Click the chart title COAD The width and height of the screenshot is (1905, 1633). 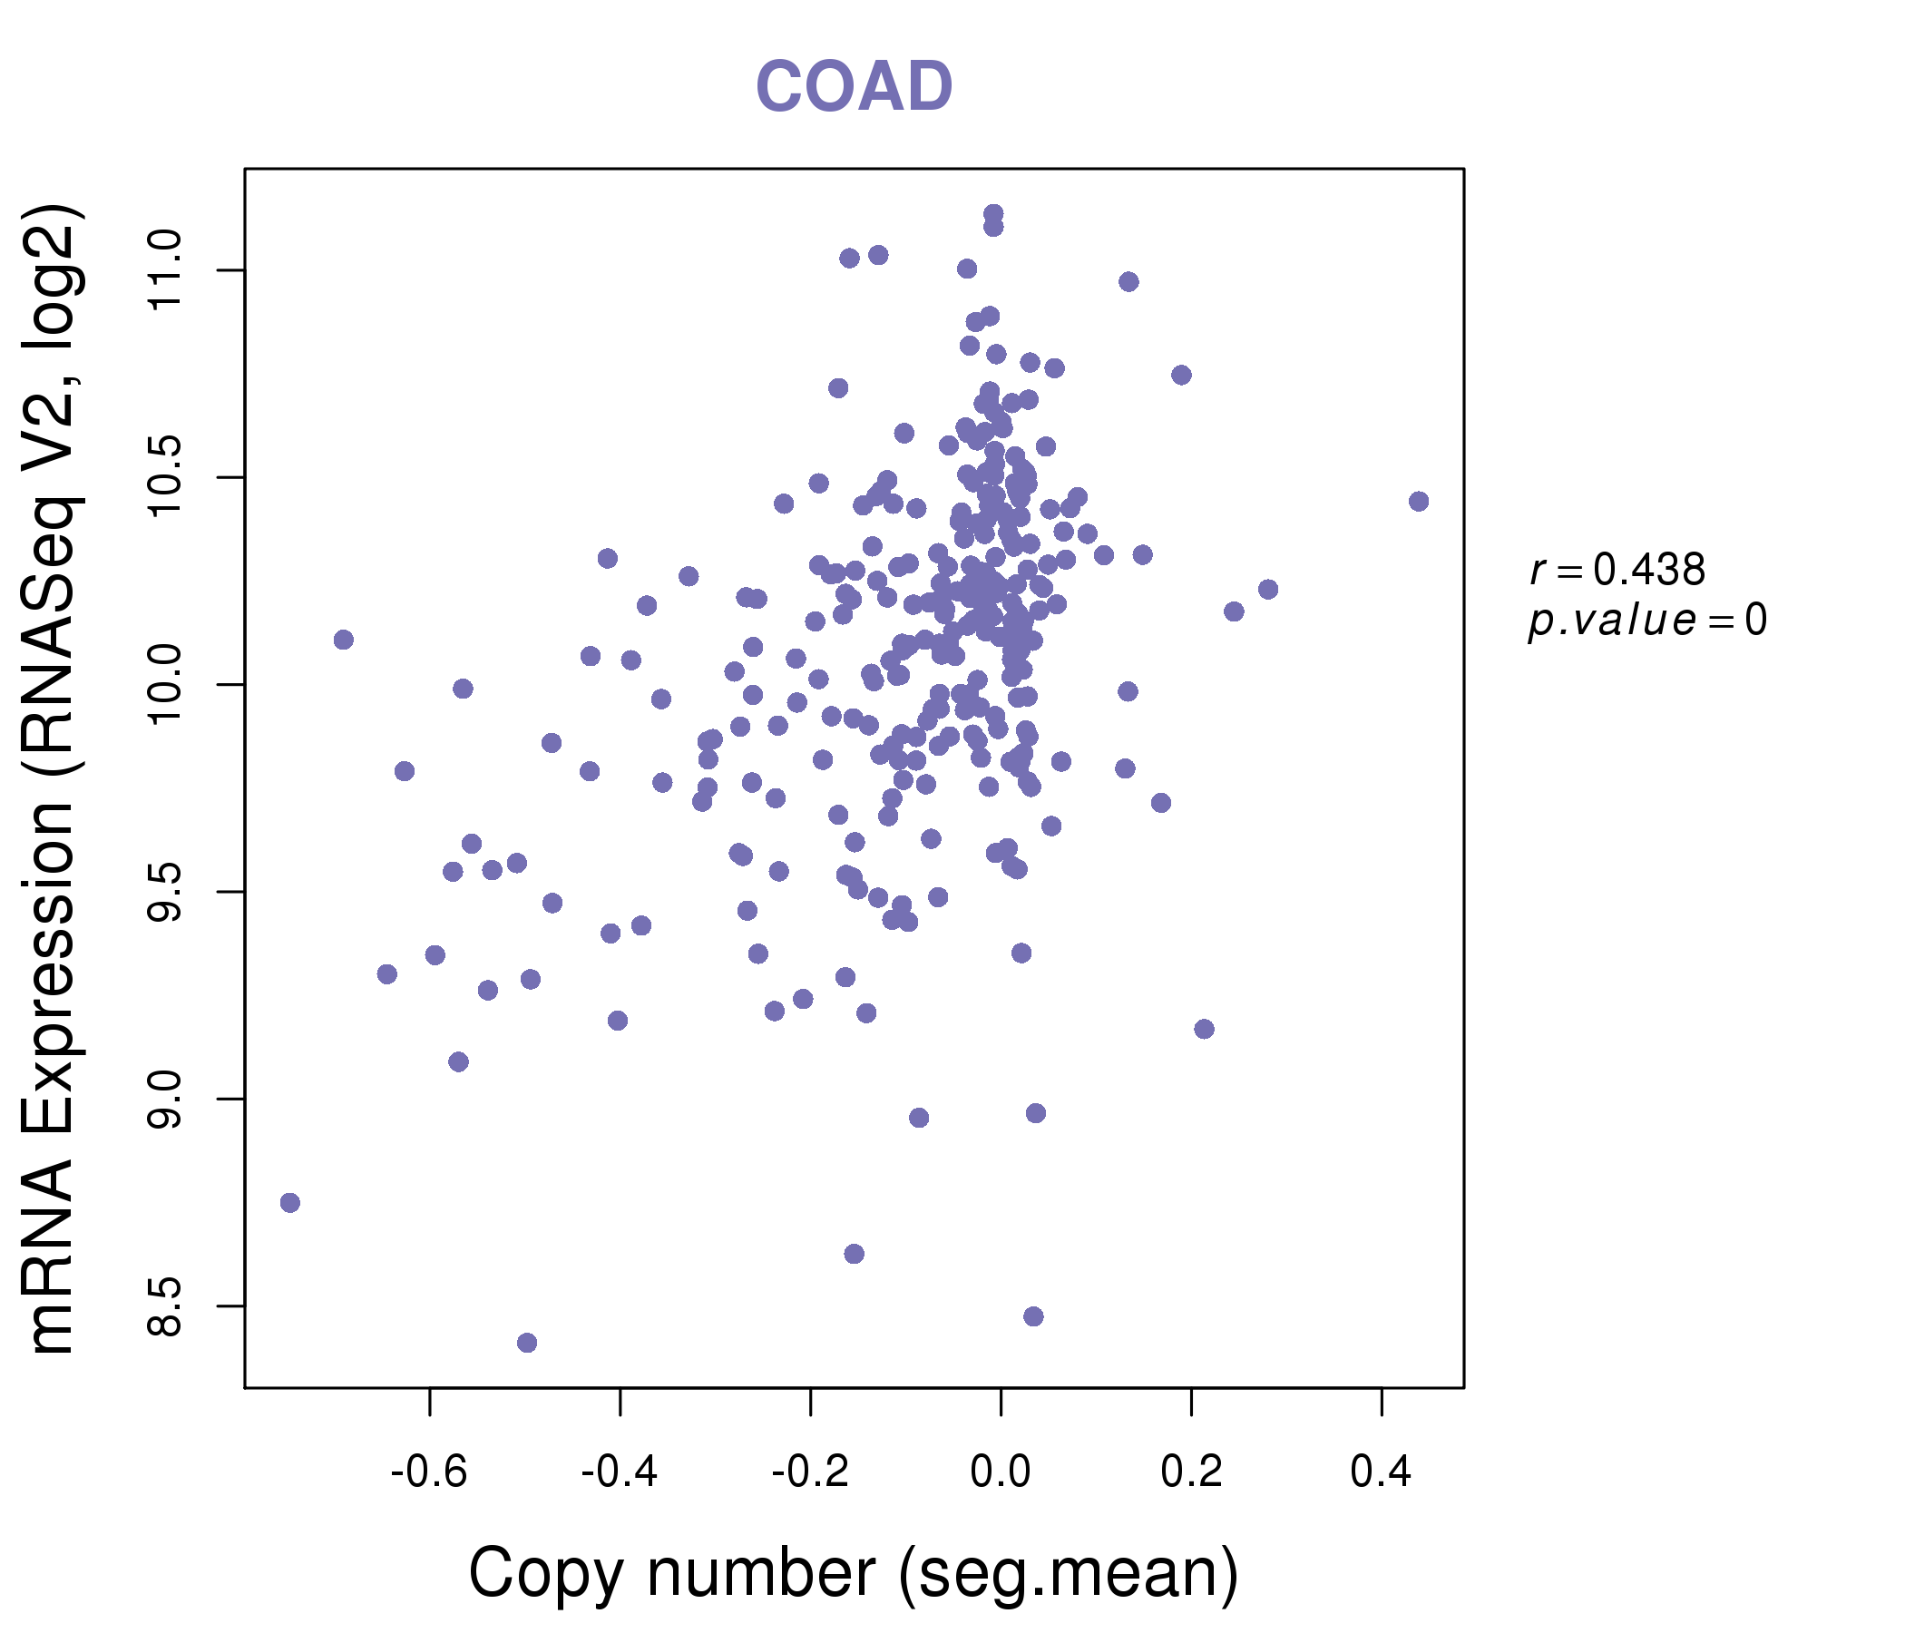854,87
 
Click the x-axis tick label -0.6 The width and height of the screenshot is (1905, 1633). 429,1472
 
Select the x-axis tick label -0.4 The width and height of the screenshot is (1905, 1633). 620,1472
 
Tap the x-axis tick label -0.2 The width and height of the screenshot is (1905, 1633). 810,1472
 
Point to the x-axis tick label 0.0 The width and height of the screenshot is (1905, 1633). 1001,1472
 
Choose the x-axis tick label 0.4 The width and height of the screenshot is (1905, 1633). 1381,1472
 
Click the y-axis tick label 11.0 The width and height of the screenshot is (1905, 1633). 165,271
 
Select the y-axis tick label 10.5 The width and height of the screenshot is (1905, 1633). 165,478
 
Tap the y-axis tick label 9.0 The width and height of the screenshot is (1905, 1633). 165,1099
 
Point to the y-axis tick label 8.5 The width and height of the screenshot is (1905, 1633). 165,1305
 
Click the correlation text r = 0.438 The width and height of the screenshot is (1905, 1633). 1617,571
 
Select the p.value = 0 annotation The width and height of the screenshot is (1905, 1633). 1646,621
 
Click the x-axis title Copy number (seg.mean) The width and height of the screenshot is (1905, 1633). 854,1573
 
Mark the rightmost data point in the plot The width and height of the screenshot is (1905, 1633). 1419,501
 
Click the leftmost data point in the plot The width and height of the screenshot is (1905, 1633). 289,1203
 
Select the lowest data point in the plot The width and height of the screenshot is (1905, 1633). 527,1343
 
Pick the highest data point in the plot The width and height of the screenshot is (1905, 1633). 993,214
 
